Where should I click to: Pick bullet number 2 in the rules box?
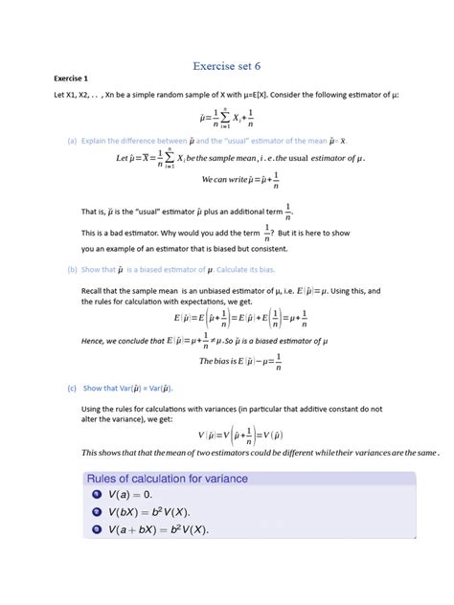click(x=97, y=511)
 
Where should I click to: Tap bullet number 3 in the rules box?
click(x=97, y=528)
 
